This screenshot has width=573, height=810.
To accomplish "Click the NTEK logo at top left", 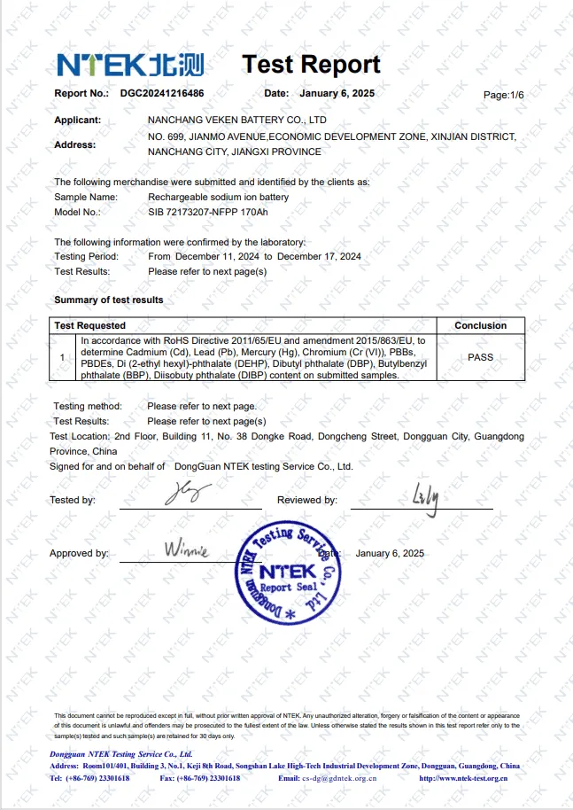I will pos(130,65).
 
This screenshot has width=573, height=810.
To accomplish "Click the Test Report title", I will pos(311,65).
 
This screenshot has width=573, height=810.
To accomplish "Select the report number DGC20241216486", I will pos(162,93).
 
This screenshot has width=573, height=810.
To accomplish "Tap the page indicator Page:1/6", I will pos(503,94).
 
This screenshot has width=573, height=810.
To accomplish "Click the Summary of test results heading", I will pos(108,300).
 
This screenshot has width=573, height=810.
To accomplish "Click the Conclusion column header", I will pos(480,325).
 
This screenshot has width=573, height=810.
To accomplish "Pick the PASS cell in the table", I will pos(480,357).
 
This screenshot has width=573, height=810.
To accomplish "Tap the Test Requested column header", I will pos(89,325).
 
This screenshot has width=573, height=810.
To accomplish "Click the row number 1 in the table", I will pos(62,357).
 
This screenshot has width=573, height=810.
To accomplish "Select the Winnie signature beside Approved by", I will pos(186,549).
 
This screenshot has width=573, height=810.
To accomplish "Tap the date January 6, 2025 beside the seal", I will pos(390,553).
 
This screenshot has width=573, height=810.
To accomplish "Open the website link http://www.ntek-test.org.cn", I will pos(463,778).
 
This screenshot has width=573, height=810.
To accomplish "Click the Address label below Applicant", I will pos(75,144).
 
